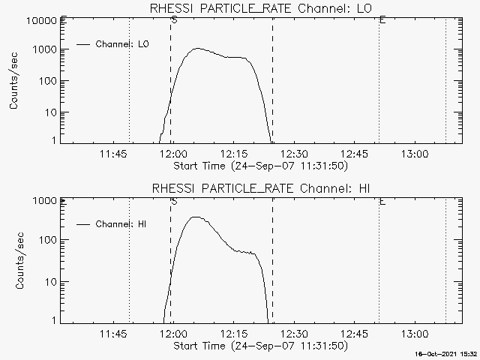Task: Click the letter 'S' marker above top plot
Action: click(x=174, y=20)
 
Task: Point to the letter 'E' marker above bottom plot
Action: click(x=382, y=201)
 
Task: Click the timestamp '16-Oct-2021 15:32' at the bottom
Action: click(x=448, y=353)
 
